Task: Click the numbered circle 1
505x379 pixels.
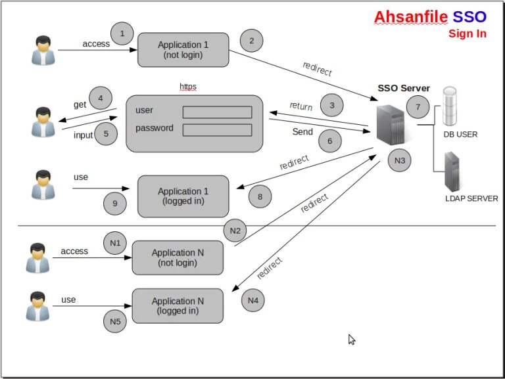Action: pyautogui.click(x=122, y=33)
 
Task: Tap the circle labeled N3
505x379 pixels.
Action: pyautogui.click(x=400, y=160)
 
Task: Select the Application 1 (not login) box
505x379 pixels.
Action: pyautogui.click(x=183, y=50)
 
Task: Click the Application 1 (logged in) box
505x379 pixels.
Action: pyautogui.click(x=183, y=196)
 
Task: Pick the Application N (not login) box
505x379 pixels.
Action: pyautogui.click(x=178, y=257)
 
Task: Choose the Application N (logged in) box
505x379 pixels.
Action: pyautogui.click(x=178, y=306)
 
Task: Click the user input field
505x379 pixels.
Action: pyautogui.click(x=217, y=112)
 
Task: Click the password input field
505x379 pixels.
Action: pyautogui.click(x=217, y=129)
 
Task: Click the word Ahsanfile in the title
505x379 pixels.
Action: pyautogui.click(x=410, y=17)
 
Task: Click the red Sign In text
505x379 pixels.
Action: pyautogui.click(x=468, y=33)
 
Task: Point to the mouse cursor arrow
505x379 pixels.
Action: pyautogui.click(x=352, y=340)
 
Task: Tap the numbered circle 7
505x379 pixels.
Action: pyautogui.click(x=418, y=106)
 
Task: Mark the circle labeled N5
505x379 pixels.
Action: pyautogui.click(x=115, y=321)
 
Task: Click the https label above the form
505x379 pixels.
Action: pyautogui.click(x=188, y=87)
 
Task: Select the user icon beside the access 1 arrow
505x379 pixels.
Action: pyautogui.click(x=43, y=51)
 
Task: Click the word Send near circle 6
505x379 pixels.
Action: pyautogui.click(x=302, y=132)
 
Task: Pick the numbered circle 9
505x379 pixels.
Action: pyautogui.click(x=115, y=204)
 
